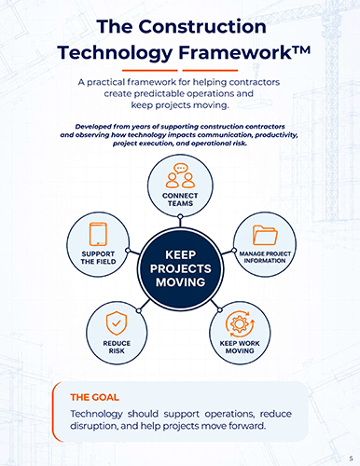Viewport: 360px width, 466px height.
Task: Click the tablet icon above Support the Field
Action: click(x=98, y=234)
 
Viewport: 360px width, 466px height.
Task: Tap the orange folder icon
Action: click(x=265, y=235)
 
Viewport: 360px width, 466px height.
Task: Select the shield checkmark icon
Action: click(x=117, y=323)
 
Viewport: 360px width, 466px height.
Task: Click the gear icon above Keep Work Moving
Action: click(x=240, y=323)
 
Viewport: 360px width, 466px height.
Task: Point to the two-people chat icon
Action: click(x=180, y=175)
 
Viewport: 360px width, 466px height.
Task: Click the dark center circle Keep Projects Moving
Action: click(x=181, y=268)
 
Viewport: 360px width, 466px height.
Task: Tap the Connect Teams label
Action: click(x=180, y=199)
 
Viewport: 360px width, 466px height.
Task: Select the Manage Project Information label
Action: click(x=265, y=257)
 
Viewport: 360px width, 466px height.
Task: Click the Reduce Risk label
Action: click(x=117, y=347)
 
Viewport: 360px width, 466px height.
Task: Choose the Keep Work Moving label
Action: click(x=240, y=347)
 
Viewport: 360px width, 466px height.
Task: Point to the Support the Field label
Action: click(x=98, y=258)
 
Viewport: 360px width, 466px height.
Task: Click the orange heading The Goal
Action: click(x=94, y=397)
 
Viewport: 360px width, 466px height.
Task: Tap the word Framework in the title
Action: click(x=235, y=52)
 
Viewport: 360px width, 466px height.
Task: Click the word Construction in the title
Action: click(x=202, y=26)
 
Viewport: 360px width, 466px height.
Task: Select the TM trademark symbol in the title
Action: click(x=301, y=49)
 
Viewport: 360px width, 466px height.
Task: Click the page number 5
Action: click(x=351, y=459)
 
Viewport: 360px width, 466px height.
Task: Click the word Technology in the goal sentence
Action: click(x=96, y=415)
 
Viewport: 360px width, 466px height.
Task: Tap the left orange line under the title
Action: click(x=150, y=71)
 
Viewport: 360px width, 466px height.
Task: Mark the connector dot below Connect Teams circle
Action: click(x=180, y=216)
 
